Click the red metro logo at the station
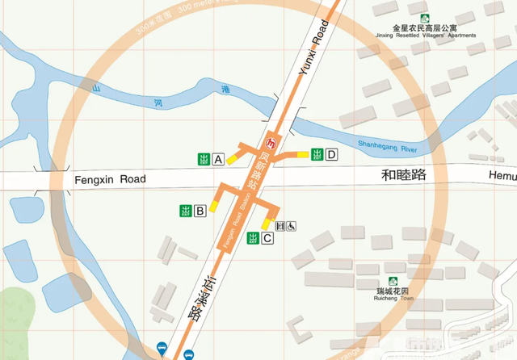coord(272,144)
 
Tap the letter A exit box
coord(218,160)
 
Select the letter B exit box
coord(199,211)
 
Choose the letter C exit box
coord(267,238)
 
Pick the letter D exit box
coord(330,155)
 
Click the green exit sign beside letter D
coord(317,155)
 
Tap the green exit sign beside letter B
coord(185,211)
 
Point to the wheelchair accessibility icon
coord(291,227)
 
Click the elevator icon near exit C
coord(280,227)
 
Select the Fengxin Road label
coord(109,179)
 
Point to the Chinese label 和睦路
coord(403,174)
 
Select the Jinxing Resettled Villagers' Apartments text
coord(425,36)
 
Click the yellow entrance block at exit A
coord(232,159)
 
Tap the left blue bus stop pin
coord(162,349)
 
